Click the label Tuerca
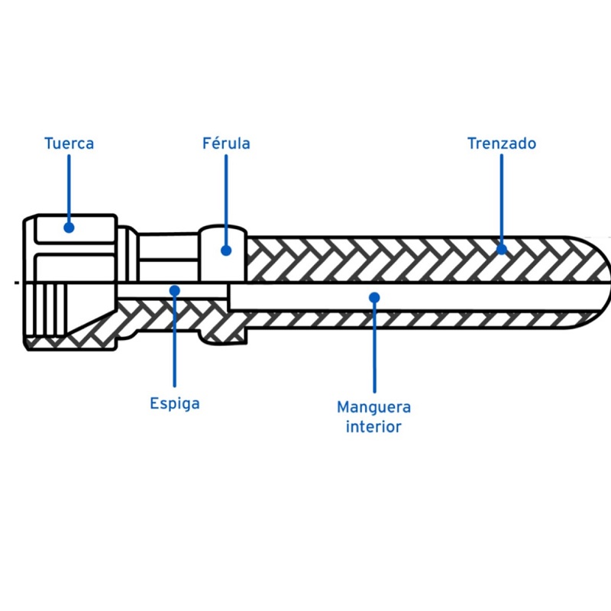pyautogui.click(x=69, y=143)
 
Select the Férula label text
pyautogui.click(x=226, y=143)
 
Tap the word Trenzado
pyautogui.click(x=502, y=143)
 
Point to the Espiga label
pyautogui.click(x=175, y=403)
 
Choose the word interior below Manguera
pyautogui.click(x=373, y=427)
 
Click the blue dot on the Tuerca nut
pyautogui.click(x=69, y=227)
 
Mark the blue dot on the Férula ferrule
pyautogui.click(x=226, y=249)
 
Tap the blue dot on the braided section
pyautogui.click(x=502, y=248)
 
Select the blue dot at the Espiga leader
pyautogui.click(x=175, y=290)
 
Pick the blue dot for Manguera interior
pyautogui.click(x=374, y=296)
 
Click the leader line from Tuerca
pyautogui.click(x=69, y=187)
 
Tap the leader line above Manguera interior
pyautogui.click(x=374, y=348)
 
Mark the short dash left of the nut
pyautogui.click(x=16, y=283)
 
